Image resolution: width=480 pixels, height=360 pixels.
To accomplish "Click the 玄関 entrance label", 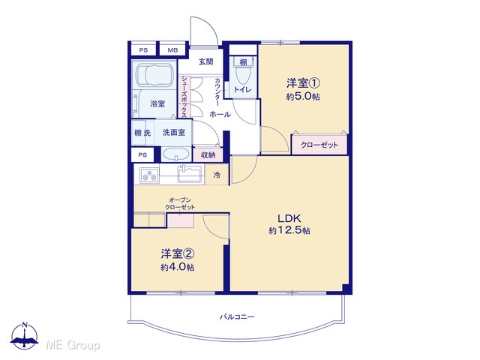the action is pyautogui.click(x=206, y=61).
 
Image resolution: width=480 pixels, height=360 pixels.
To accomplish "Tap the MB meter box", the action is pyautogui.click(x=172, y=50).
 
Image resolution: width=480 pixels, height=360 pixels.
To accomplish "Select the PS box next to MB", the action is pyautogui.click(x=143, y=50).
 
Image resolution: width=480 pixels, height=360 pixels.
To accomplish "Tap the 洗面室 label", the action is pyautogui.click(x=174, y=133).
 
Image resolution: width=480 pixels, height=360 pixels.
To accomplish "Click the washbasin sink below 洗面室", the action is pyautogui.click(x=175, y=154).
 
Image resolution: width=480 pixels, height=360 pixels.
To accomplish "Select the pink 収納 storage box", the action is pyautogui.click(x=208, y=155).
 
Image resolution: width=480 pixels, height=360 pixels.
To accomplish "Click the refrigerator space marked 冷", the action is pyautogui.click(x=217, y=175).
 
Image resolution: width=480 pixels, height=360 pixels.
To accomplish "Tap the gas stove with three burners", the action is pyautogui.click(x=149, y=175).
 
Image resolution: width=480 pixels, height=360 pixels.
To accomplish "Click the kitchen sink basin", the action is pyautogui.click(x=190, y=175).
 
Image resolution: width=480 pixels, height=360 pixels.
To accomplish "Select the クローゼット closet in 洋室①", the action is pyautogui.click(x=319, y=145).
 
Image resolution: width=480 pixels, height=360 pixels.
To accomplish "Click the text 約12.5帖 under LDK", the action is pyautogui.click(x=289, y=230).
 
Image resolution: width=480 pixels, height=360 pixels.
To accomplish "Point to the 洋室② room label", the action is pyautogui.click(x=178, y=253).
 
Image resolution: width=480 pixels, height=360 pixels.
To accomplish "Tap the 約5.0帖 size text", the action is pyautogui.click(x=303, y=97).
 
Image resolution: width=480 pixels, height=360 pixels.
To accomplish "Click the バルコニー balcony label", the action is pyautogui.click(x=237, y=316).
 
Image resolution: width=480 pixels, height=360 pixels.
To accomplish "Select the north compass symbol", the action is pyautogui.click(x=25, y=336).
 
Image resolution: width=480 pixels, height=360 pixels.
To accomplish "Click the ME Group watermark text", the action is pyautogui.click(x=73, y=345).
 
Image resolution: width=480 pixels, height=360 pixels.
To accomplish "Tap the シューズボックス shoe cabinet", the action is pyautogui.click(x=184, y=97).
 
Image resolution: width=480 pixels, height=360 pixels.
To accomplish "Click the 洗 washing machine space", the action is pyautogui.click(x=147, y=133).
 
